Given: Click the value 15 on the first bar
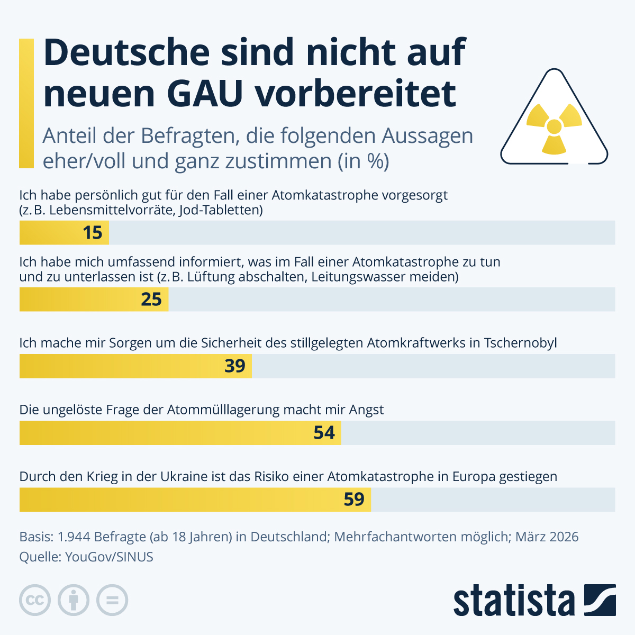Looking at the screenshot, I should pyautogui.click(x=93, y=233).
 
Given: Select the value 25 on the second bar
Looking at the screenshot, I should pyautogui.click(x=151, y=300).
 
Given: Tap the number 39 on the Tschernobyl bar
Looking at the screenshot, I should pyautogui.click(x=235, y=366).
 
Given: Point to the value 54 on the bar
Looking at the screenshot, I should pyautogui.click(x=324, y=433).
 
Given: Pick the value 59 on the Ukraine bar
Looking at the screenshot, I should pyautogui.click(x=354, y=500).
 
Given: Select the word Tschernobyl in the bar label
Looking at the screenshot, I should pyautogui.click(x=520, y=343).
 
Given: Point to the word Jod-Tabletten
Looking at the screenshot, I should pyautogui.click(x=221, y=210).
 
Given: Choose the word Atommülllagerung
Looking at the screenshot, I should pyautogui.click(x=223, y=410).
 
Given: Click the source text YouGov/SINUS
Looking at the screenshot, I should pyautogui.click(x=109, y=557).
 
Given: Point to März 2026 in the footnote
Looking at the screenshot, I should pyautogui.click(x=547, y=537).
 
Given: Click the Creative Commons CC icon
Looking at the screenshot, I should pyautogui.click(x=35, y=600).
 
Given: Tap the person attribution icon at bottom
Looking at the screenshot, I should pyautogui.click(x=74, y=600).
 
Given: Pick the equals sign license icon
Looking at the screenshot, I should pyautogui.click(x=112, y=600).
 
